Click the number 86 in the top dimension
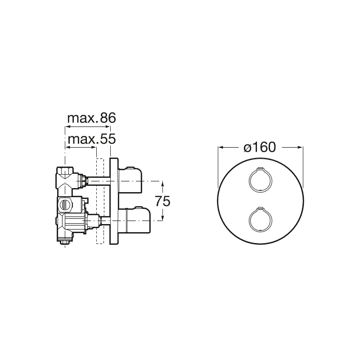tap(108, 118)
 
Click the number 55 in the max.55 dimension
tap(108, 139)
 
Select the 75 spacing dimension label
tap(162, 201)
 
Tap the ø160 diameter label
tap(260, 147)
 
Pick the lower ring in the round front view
tap(261, 220)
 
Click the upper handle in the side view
tap(130, 180)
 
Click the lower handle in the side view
tap(134, 220)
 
